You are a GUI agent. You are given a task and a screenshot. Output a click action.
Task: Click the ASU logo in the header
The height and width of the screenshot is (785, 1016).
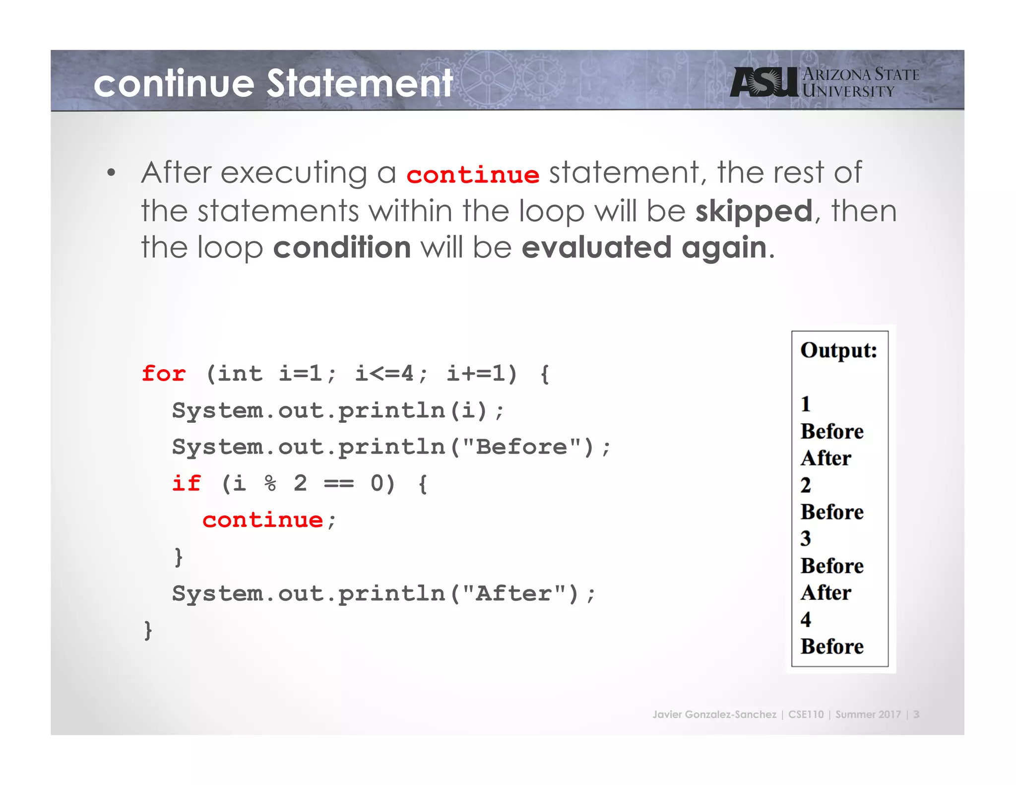pyautogui.click(x=764, y=82)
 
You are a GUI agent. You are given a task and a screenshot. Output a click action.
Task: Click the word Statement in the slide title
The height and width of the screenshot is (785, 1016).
pyautogui.click(x=360, y=83)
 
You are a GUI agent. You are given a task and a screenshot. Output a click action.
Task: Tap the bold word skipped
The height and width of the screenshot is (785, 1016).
pyautogui.click(x=754, y=211)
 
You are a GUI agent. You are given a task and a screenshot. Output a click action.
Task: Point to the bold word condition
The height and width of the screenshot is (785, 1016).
pyautogui.click(x=342, y=248)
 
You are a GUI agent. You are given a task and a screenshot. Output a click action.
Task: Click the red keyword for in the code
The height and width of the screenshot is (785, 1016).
pyautogui.click(x=164, y=374)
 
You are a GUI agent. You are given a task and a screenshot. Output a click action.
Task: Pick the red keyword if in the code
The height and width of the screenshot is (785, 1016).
pyautogui.click(x=187, y=483)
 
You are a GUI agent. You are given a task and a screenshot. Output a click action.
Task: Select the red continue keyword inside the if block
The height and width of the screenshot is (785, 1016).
pyautogui.click(x=263, y=520)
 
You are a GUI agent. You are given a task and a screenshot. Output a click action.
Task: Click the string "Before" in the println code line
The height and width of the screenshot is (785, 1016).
pyautogui.click(x=521, y=447)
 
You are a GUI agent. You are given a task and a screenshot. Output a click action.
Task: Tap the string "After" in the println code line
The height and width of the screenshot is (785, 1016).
pyautogui.click(x=513, y=593)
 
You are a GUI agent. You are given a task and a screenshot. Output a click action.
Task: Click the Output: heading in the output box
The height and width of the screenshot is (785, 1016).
pyautogui.click(x=838, y=350)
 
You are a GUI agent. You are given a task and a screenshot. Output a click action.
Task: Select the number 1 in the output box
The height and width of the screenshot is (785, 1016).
pyautogui.click(x=806, y=404)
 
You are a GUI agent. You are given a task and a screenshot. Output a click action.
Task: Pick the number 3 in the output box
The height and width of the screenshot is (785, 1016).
pyautogui.click(x=806, y=538)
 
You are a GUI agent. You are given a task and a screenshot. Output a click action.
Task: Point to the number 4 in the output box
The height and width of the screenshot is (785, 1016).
pyautogui.click(x=806, y=619)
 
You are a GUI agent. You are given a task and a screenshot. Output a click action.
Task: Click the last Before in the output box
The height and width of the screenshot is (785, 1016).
pyautogui.click(x=832, y=647)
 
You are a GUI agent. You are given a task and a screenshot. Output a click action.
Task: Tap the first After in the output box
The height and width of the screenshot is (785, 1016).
pyautogui.click(x=826, y=458)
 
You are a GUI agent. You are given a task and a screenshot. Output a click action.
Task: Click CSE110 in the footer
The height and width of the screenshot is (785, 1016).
pyautogui.click(x=806, y=715)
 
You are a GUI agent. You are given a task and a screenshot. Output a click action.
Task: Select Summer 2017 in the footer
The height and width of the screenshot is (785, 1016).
pyautogui.click(x=868, y=715)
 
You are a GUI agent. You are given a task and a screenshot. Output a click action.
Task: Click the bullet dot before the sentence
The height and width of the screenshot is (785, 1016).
pyautogui.click(x=111, y=173)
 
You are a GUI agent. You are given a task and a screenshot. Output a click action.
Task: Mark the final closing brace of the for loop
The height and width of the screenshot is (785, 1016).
pyautogui.click(x=148, y=630)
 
